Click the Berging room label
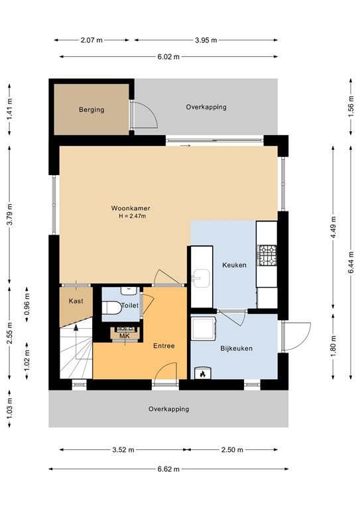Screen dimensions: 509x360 (91, 109)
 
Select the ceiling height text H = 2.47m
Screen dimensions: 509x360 (132, 217)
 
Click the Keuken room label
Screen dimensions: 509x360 (234, 265)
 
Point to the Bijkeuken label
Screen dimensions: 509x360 (236, 348)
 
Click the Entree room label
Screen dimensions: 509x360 (164, 346)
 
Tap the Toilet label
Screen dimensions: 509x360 (130, 306)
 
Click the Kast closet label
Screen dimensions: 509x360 (76, 301)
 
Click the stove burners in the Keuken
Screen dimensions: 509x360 (267, 254)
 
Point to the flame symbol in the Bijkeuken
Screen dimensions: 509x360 (202, 374)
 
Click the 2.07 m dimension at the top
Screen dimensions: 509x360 (91, 40)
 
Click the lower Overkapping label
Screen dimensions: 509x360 (168, 409)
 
